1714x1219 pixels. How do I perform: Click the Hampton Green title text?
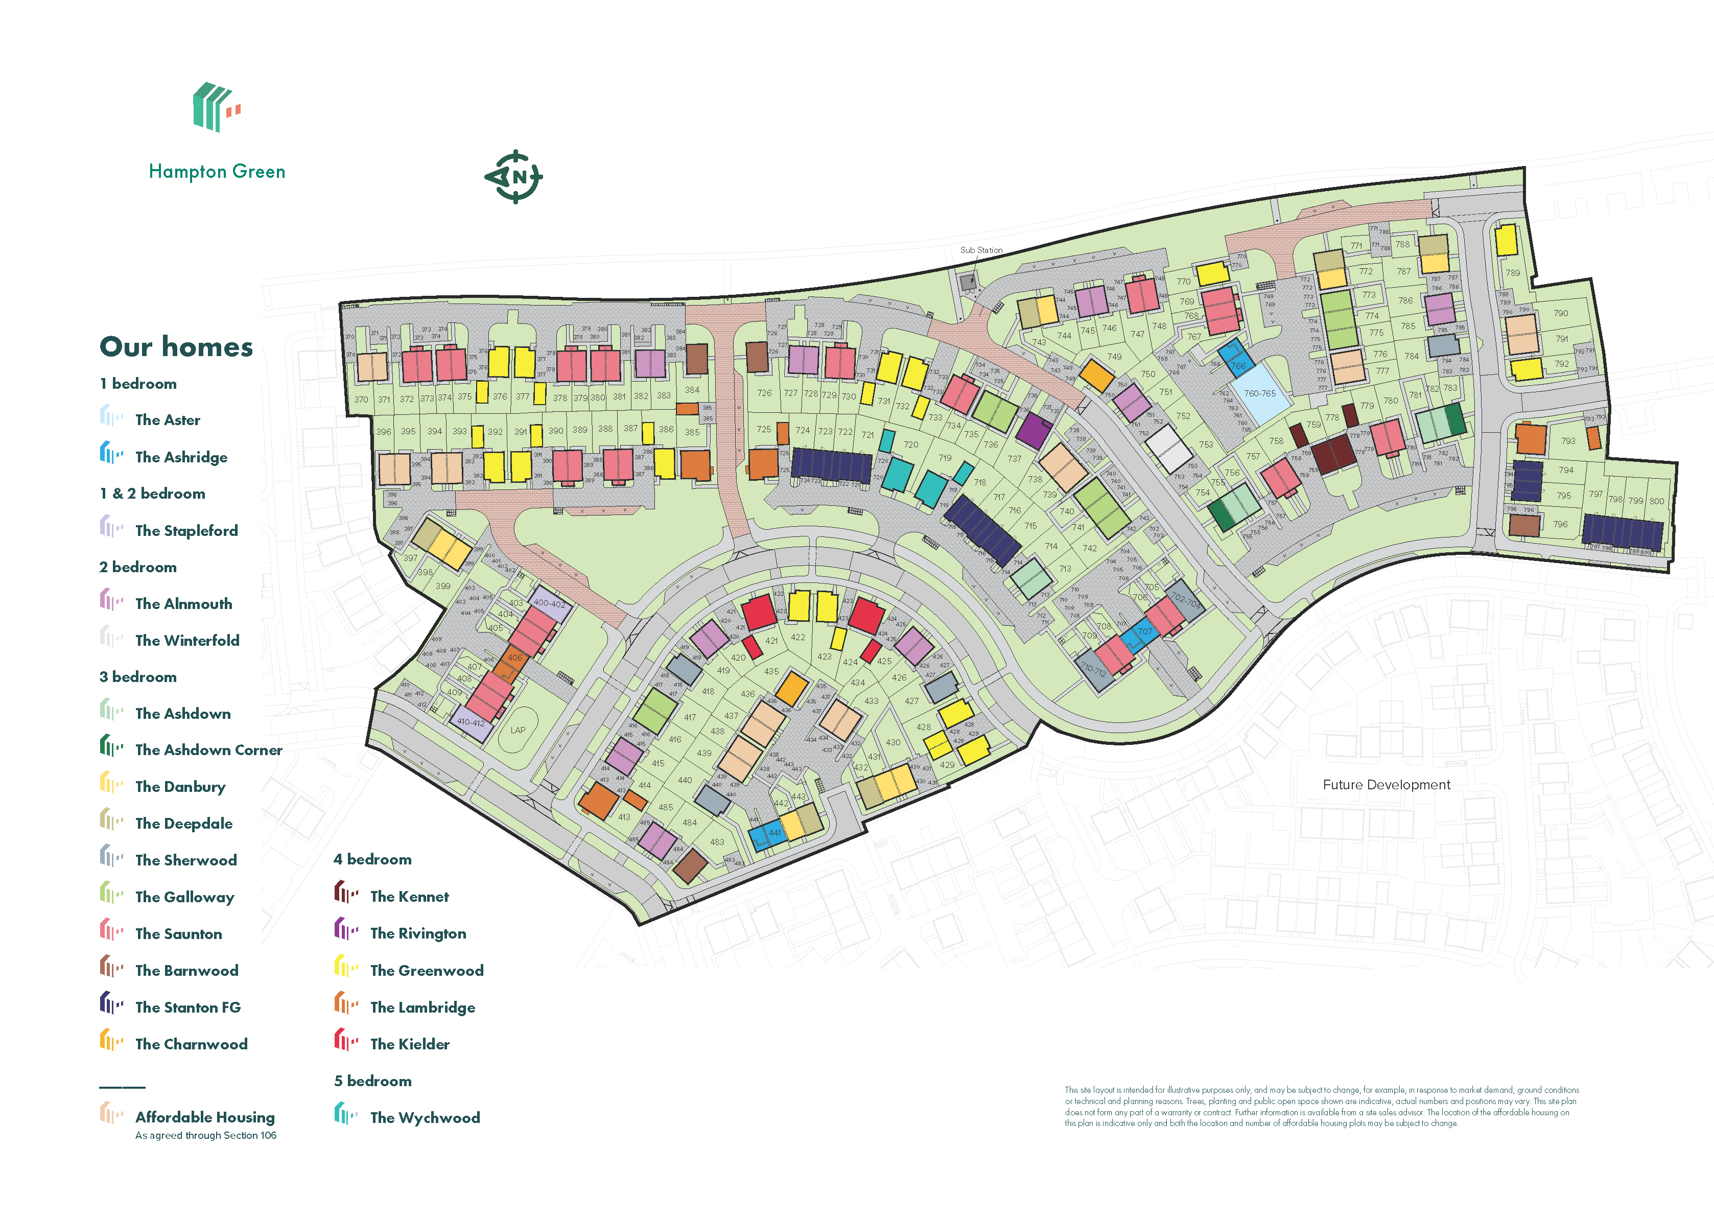pyautogui.click(x=217, y=172)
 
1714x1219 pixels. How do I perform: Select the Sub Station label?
pyautogui.click(x=981, y=250)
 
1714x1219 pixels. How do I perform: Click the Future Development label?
pyautogui.click(x=1386, y=785)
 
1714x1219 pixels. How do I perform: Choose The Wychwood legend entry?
pyautogui.click(x=424, y=1118)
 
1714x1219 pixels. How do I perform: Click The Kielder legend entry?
pyautogui.click(x=409, y=1044)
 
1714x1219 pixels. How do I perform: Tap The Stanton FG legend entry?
pyautogui.click(x=187, y=1007)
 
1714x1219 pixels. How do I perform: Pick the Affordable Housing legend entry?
pyautogui.click(x=204, y=1118)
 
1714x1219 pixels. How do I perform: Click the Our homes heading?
pyautogui.click(x=176, y=347)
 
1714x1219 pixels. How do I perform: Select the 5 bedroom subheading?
pyautogui.click(x=372, y=1081)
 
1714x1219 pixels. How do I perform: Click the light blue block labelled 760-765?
pyautogui.click(x=1260, y=393)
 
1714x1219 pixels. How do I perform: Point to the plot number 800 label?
pyautogui.click(x=1657, y=501)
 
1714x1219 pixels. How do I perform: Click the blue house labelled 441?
pyautogui.click(x=773, y=833)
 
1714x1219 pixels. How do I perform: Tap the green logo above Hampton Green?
pyautogui.click(x=216, y=107)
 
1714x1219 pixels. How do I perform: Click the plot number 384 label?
pyautogui.click(x=692, y=390)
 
